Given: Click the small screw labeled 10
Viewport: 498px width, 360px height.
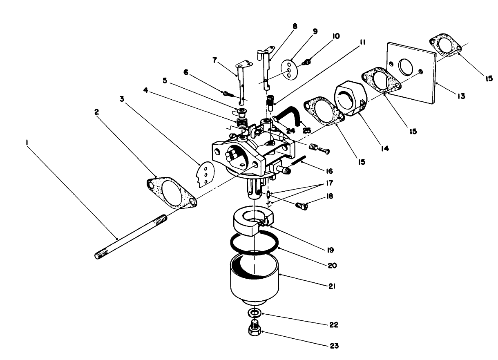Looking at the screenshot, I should [x=307, y=62].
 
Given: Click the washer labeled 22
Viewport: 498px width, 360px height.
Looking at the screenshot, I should [x=255, y=313].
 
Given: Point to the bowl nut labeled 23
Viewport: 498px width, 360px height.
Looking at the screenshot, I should [x=255, y=328].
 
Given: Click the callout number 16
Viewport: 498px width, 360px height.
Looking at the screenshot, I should [x=329, y=171].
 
